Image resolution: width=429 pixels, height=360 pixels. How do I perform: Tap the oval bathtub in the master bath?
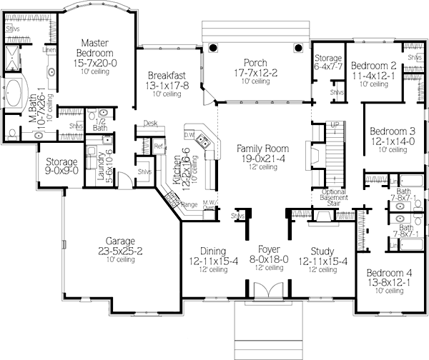coord(16,94)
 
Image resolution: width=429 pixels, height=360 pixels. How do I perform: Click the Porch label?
coord(255,63)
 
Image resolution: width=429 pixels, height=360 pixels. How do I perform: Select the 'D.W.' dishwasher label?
coord(189,134)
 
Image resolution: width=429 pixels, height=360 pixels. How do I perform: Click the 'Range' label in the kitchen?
coord(189,205)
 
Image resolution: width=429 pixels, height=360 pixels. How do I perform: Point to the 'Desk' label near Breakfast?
coord(150,123)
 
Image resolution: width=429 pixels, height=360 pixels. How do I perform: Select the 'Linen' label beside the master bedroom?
coord(49,51)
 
